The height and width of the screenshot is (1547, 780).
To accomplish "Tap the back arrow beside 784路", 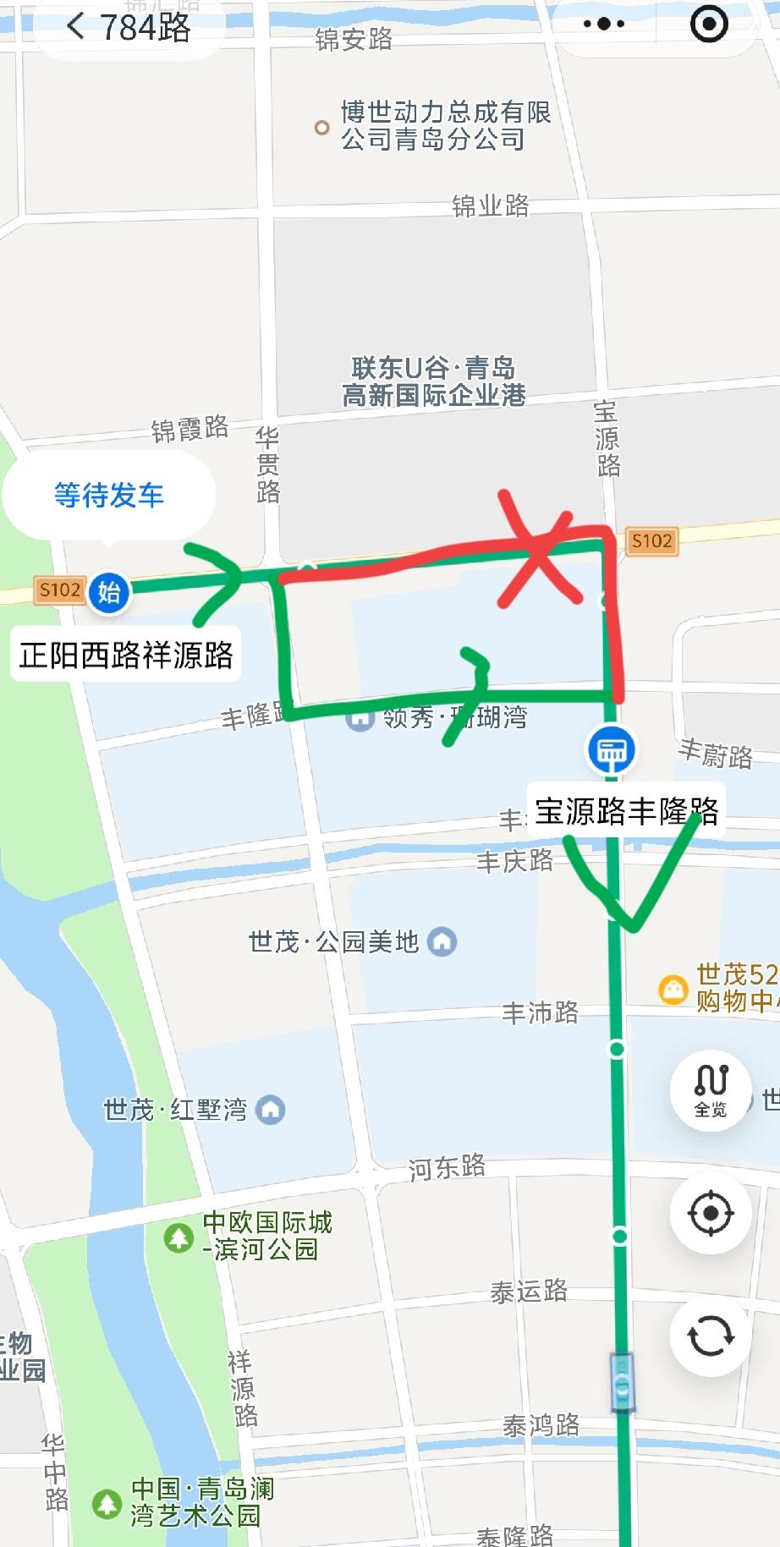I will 75,26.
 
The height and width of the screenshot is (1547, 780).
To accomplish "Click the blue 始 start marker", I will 109,591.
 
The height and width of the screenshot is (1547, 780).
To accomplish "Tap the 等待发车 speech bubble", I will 109,495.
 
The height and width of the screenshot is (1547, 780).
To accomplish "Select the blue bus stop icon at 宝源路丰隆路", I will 612,749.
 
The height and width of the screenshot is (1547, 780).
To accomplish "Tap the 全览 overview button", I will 711,1089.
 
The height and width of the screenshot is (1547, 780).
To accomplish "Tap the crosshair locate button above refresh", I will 711,1213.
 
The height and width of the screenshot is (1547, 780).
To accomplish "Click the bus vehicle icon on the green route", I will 623,1382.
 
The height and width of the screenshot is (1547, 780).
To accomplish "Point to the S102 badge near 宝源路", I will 651,541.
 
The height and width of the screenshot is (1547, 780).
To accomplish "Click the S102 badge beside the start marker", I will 59,590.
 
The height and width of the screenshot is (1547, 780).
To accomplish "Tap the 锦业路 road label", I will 491,206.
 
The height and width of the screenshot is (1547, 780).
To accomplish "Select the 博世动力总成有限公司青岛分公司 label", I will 445,125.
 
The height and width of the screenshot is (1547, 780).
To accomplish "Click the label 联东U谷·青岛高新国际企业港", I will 433,381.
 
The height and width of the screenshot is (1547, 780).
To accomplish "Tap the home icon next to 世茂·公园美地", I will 442,941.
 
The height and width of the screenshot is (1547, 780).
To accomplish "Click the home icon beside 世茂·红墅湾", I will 271,1109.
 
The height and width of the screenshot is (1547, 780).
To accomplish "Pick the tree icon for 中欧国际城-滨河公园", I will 179,1237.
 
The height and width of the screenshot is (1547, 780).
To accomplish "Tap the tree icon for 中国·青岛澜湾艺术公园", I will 107,1503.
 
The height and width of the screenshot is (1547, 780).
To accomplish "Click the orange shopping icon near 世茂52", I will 673,989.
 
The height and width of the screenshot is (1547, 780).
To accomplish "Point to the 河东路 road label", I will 447,1168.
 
